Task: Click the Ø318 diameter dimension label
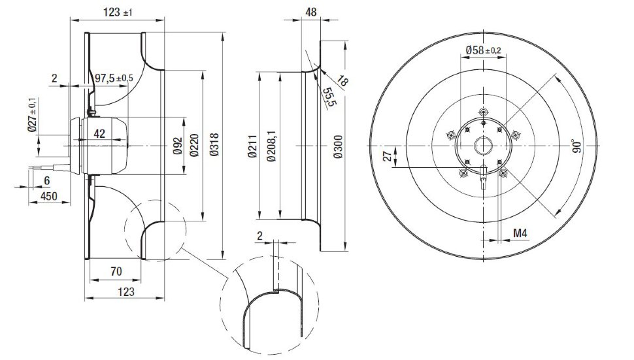(214, 144)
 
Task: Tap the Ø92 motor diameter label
(178, 146)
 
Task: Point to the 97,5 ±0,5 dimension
(114, 78)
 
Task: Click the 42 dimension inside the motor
(99, 133)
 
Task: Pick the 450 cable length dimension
(50, 196)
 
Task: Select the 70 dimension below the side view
(116, 271)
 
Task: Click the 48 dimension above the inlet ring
(310, 12)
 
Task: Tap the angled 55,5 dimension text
(329, 97)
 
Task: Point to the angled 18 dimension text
(342, 81)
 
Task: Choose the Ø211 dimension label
(252, 146)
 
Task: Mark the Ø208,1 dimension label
(271, 146)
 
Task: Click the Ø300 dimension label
(338, 146)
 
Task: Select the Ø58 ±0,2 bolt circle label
(483, 50)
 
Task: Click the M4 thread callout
(520, 233)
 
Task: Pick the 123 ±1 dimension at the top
(118, 12)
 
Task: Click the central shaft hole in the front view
(483, 146)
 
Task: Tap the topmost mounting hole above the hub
(483, 112)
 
